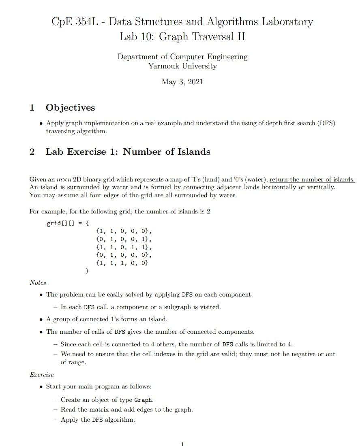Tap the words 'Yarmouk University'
[x=182, y=66]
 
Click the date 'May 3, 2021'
[x=182, y=82]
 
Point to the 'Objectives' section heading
[x=70, y=108]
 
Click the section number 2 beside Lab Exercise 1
[x=32, y=152]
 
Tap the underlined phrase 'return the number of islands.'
[x=312, y=179]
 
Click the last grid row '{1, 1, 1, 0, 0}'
[x=122, y=263]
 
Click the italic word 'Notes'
[x=38, y=283]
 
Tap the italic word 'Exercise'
[x=41, y=375]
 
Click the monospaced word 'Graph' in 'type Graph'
[x=143, y=400]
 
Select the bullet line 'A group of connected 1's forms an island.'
[x=107, y=319]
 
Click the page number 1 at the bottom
[x=182, y=444]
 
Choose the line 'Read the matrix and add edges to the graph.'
[x=126, y=410]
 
